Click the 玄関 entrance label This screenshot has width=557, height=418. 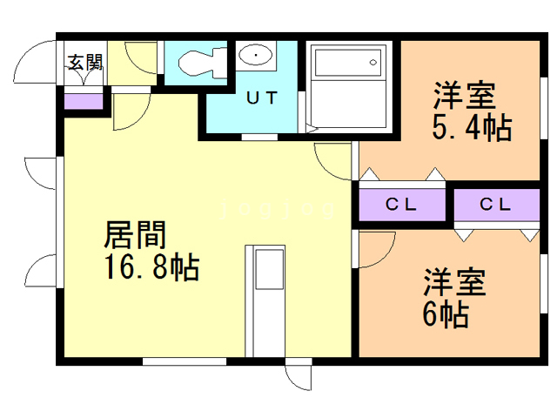pos(85,62)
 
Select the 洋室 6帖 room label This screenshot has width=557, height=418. pos(453,299)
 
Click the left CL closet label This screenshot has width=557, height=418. pos(402,206)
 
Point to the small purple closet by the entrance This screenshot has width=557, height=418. pos(84,100)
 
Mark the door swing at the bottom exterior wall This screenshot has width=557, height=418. pos(299,376)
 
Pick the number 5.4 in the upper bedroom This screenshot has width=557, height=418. pos(453,129)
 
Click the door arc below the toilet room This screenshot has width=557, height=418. pos(127,111)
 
